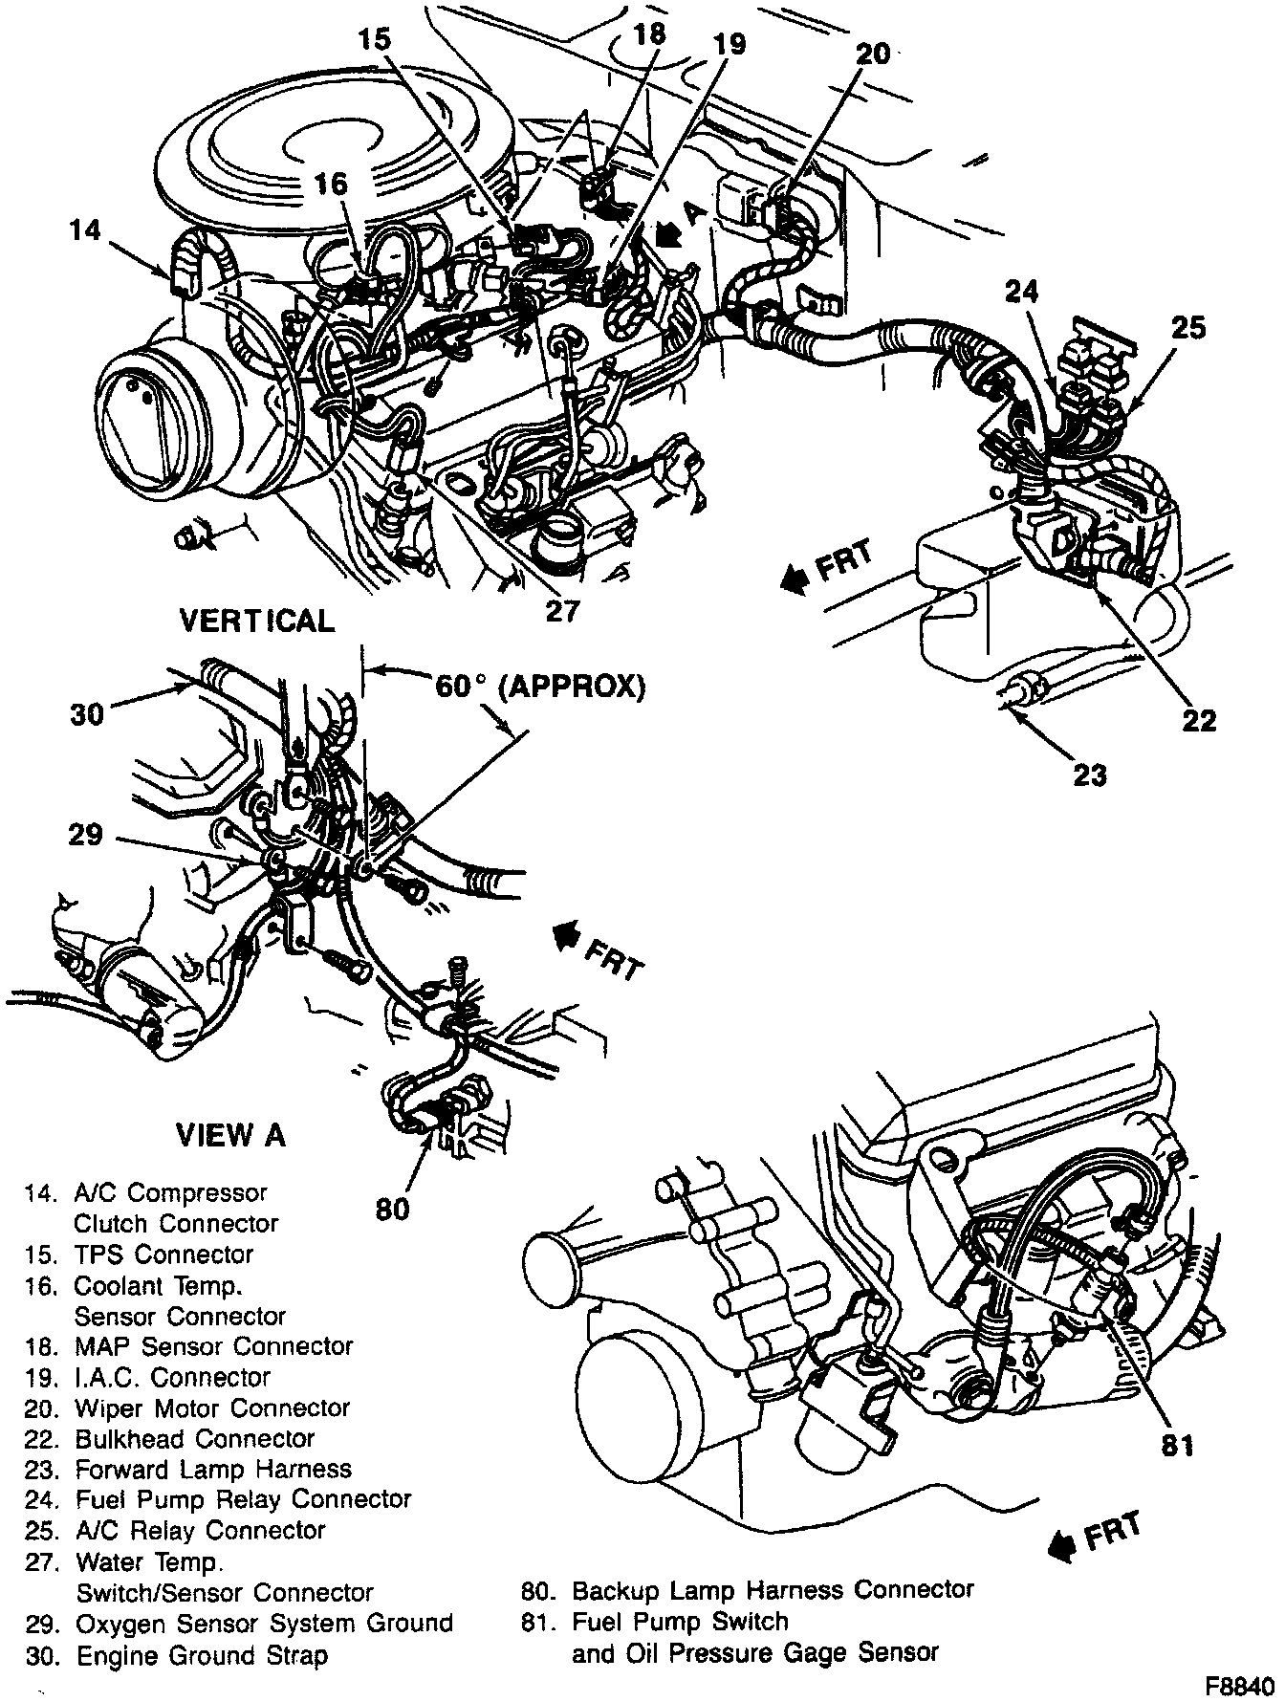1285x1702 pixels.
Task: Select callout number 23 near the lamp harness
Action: pyautogui.click(x=1089, y=774)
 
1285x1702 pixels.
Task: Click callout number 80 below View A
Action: pyautogui.click(x=392, y=1209)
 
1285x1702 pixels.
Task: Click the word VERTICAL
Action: pyautogui.click(x=258, y=622)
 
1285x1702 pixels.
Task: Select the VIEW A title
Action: pyautogui.click(x=230, y=1135)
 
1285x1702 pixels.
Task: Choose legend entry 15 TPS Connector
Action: pyautogui.click(x=140, y=1254)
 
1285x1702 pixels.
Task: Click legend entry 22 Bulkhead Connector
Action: pyautogui.click(x=170, y=1438)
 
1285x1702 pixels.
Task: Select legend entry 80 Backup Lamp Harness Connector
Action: pyautogui.click(x=748, y=1590)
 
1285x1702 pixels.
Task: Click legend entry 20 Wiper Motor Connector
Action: pyautogui.click(x=188, y=1407)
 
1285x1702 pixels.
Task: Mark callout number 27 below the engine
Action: pyautogui.click(x=561, y=610)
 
